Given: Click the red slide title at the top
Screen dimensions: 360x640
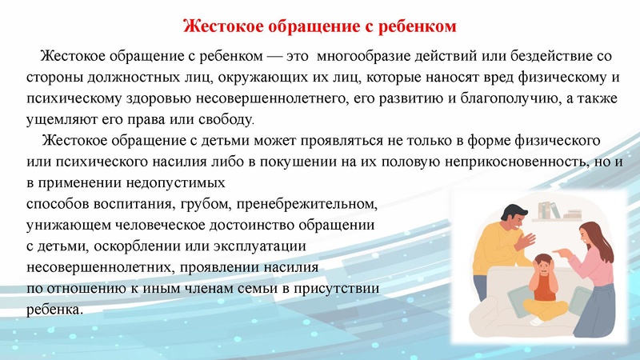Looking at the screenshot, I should [320, 26].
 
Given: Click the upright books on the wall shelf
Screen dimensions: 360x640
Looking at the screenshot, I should [547, 210].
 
